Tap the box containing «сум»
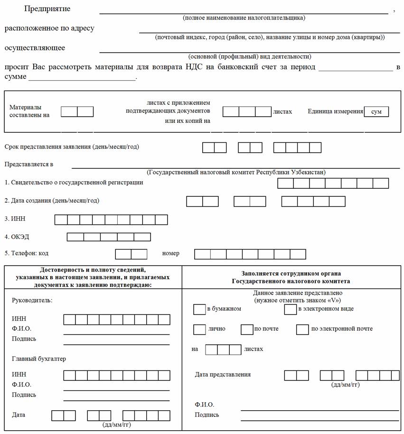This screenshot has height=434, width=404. pyautogui.click(x=376, y=111)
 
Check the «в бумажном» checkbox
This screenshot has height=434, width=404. pyautogui.click(x=199, y=309)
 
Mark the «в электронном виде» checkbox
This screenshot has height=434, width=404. pyautogui.click(x=290, y=309)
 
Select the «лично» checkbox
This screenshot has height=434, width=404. pyautogui.click(x=199, y=329)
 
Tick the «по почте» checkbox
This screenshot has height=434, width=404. pyautogui.click(x=247, y=329)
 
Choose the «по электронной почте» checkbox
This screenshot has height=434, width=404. pyautogui.click(x=302, y=329)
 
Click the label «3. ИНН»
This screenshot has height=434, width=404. pyautogui.click(x=14, y=219)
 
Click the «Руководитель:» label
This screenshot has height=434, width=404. pyautogui.click(x=32, y=300)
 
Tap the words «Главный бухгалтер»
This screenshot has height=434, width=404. pyautogui.click(x=39, y=359)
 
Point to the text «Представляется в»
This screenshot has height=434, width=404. pyautogui.click(x=28, y=164)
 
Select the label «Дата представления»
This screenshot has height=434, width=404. pyautogui.click(x=223, y=375)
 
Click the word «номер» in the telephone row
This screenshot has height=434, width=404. pyautogui.click(x=171, y=253)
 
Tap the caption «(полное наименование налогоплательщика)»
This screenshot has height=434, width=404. pyautogui.click(x=244, y=18)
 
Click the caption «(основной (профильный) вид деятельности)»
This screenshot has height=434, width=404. pyautogui.click(x=250, y=55)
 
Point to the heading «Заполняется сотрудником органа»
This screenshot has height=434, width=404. pyautogui.click(x=291, y=274)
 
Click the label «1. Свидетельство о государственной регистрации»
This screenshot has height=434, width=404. pyautogui.click(x=74, y=182)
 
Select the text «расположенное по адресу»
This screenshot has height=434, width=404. pyautogui.click(x=49, y=28)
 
